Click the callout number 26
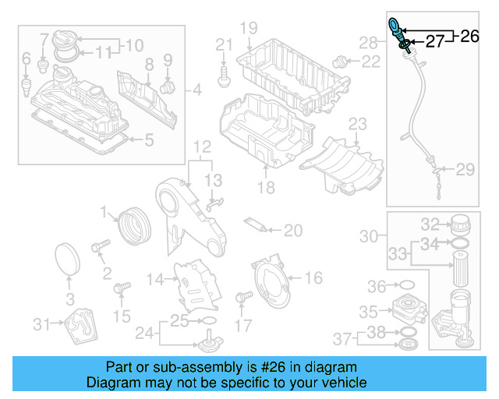point(470,35)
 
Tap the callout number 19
point(248,29)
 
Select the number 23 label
point(357,124)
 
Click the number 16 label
point(313,278)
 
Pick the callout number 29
point(465,169)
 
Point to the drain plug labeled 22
point(341,60)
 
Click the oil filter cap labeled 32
point(459,225)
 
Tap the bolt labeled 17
point(241,297)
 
